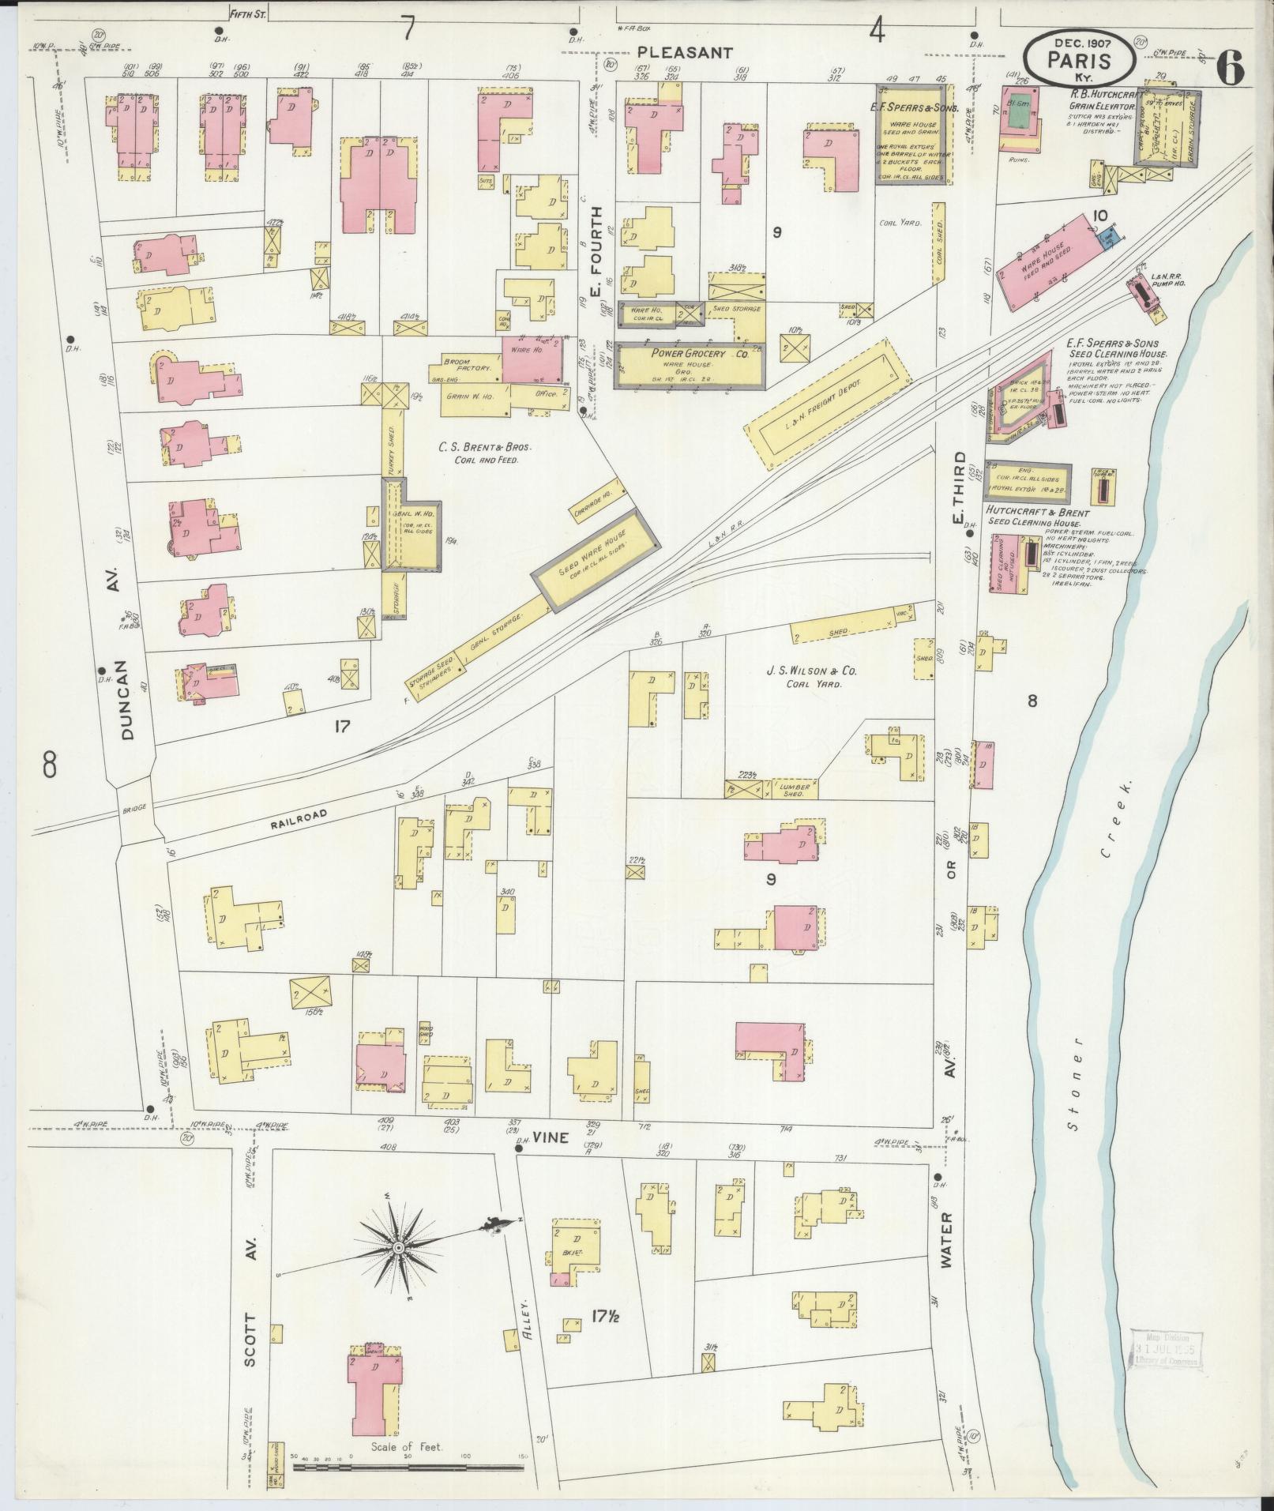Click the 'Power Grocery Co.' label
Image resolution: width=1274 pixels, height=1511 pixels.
click(690, 354)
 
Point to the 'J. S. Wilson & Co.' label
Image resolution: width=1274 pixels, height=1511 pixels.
click(800, 671)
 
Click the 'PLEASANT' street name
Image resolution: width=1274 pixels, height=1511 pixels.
click(685, 53)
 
